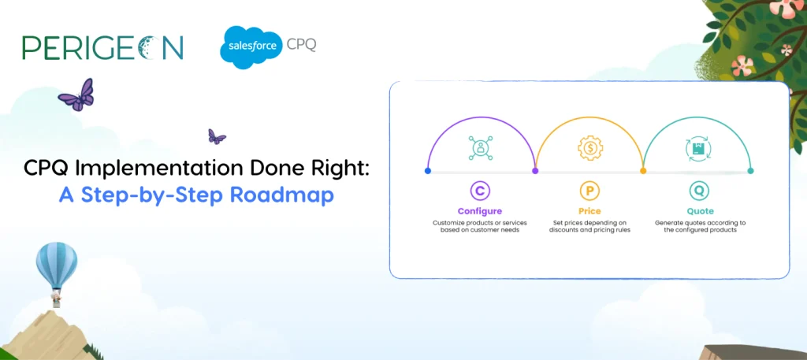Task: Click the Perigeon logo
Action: coord(102,47)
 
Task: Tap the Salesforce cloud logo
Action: coord(251,46)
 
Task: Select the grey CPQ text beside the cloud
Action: coord(301,45)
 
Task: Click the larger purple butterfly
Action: coord(76,95)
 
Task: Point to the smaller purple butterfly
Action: coord(217,137)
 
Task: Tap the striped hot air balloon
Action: coord(57,267)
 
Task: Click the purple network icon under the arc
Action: coord(480,148)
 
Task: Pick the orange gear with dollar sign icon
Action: coord(589,149)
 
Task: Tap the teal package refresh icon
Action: coord(698,149)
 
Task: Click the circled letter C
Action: coord(480,191)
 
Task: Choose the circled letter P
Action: coord(589,191)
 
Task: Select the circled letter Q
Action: coord(700,191)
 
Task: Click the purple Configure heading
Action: coord(480,211)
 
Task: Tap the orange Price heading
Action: coord(589,211)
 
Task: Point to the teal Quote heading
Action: coord(700,211)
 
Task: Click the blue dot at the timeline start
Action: coord(428,171)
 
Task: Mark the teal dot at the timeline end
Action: coord(750,171)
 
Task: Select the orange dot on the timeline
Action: coord(643,171)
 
